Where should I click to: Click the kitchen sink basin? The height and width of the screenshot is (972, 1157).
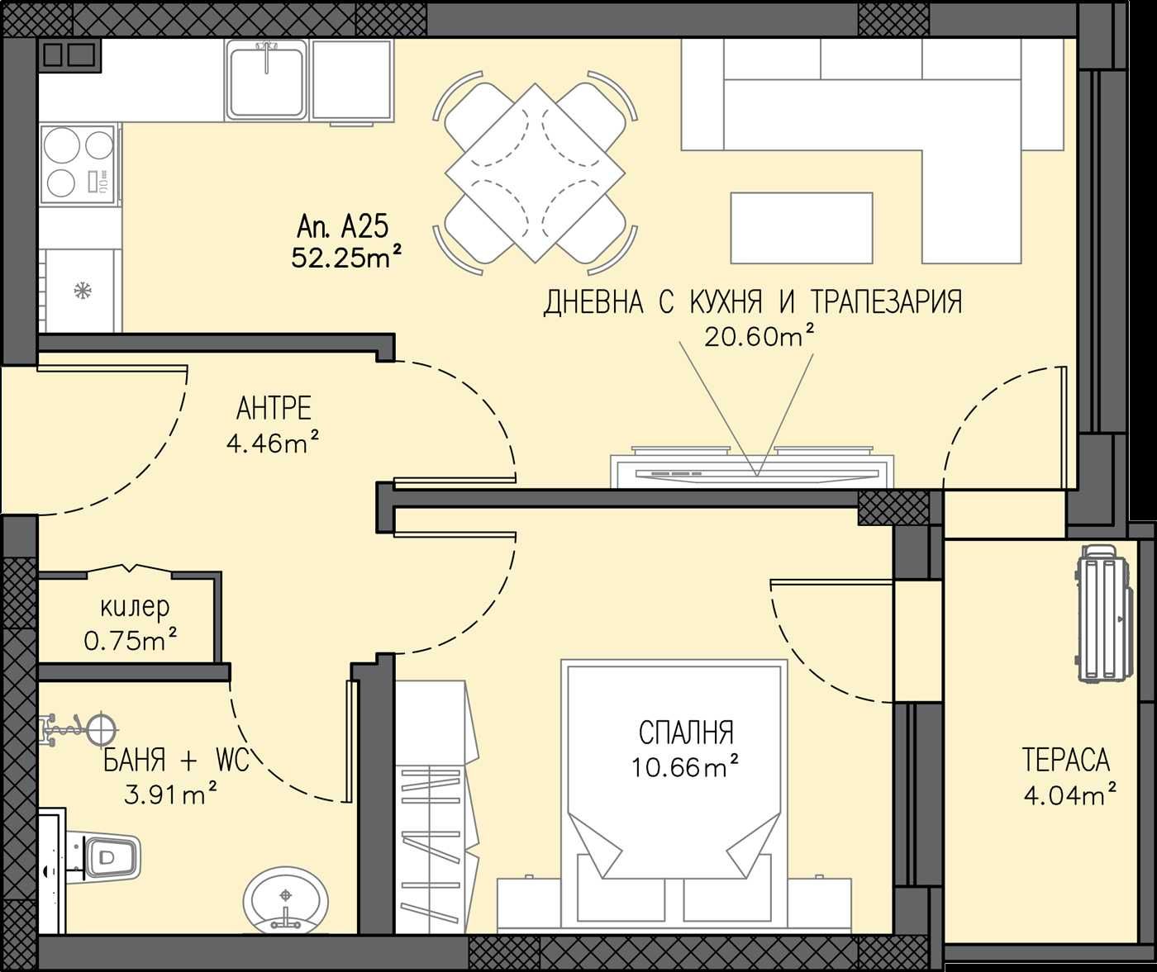265,81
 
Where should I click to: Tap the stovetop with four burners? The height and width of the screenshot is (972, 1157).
78,164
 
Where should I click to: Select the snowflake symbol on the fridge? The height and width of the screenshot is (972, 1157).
82,291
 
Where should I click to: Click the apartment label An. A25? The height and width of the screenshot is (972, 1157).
342,226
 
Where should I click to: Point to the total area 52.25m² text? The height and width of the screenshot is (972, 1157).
346,258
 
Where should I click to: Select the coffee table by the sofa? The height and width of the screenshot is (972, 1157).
801,225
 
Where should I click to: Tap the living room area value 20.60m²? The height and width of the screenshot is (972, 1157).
759,335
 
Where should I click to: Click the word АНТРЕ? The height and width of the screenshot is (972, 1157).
274,409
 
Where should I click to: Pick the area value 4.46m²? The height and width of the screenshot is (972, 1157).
273,443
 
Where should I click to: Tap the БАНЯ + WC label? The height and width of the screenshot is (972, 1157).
176,760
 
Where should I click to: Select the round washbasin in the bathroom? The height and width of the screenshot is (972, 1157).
286,899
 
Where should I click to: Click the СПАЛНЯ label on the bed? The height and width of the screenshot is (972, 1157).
685,733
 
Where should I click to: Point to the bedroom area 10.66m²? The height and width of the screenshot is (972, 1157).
685,767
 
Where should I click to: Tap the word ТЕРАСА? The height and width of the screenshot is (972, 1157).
1065,760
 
